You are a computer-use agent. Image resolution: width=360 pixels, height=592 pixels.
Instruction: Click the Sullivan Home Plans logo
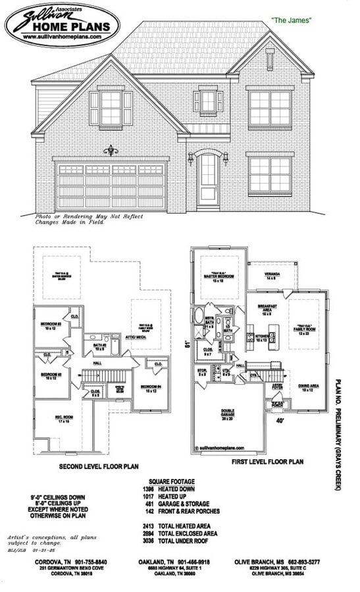coord(63,25)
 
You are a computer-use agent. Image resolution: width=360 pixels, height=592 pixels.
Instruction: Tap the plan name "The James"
coord(291,21)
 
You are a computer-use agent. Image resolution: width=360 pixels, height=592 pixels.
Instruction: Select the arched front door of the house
coord(208,176)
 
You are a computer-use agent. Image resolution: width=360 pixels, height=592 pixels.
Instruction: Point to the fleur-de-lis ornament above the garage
coord(110,150)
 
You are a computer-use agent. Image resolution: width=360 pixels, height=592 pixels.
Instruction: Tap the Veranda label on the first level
coord(272,276)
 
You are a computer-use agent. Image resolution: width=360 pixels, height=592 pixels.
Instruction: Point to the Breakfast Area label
coord(267,310)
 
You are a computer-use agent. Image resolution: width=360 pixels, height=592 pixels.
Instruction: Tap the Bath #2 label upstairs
coord(101,346)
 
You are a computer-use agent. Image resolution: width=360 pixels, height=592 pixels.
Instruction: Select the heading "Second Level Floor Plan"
coord(99,466)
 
